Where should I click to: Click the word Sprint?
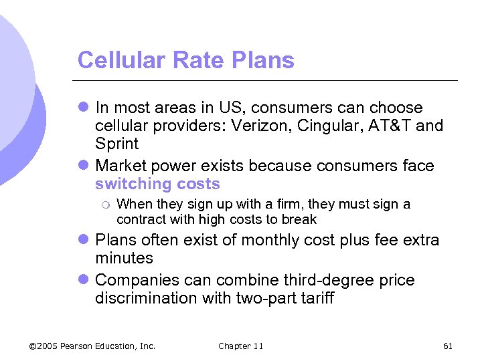116,144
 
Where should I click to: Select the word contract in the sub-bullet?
139,219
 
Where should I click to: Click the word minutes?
124,258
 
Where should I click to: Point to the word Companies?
138,279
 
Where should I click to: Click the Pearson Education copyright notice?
92,346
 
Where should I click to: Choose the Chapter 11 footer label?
240,346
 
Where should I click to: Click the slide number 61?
448,346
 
